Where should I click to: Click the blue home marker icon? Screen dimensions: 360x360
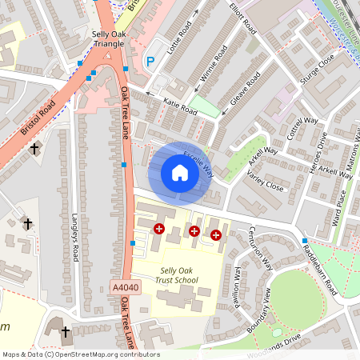point(180,173)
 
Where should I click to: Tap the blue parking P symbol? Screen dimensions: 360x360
point(149,62)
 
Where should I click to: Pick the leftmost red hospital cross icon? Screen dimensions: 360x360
point(158,229)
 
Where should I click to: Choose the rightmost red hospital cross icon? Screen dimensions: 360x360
point(216,234)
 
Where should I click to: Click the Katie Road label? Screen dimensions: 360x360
point(180,106)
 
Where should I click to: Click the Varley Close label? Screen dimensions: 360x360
point(265,182)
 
